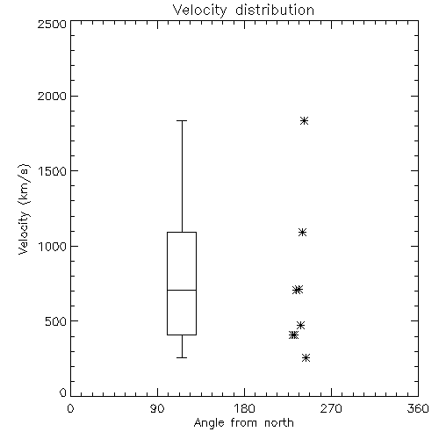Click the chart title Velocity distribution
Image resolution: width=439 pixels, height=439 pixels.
(x=243, y=11)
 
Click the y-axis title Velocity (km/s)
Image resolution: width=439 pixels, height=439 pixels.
(x=25, y=209)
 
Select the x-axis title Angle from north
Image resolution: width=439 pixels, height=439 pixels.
(x=243, y=423)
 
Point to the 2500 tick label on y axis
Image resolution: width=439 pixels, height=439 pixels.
(x=52, y=24)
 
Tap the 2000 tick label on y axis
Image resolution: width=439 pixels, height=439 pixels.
(x=52, y=96)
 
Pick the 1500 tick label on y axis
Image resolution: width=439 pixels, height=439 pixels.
(x=53, y=171)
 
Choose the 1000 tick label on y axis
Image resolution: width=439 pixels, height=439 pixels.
(x=53, y=246)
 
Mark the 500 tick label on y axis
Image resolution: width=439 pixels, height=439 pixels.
(x=56, y=321)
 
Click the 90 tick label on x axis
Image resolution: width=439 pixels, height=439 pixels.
(x=157, y=408)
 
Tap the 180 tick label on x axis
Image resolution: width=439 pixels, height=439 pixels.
(x=244, y=408)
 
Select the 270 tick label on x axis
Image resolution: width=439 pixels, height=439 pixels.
(x=331, y=408)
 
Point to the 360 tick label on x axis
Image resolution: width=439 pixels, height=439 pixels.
(x=418, y=408)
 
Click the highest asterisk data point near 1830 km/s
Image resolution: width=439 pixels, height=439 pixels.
(x=304, y=120)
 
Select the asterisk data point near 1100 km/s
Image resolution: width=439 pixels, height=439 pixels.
(x=302, y=233)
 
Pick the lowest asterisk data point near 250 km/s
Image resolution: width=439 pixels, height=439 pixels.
(x=306, y=357)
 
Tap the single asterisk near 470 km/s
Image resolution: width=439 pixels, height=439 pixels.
(x=300, y=325)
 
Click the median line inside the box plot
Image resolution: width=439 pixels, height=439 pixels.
(x=182, y=290)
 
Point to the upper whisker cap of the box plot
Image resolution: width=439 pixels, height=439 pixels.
(x=182, y=120)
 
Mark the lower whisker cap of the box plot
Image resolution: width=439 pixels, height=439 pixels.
(x=182, y=357)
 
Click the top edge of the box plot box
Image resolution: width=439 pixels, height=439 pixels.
(x=182, y=233)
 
